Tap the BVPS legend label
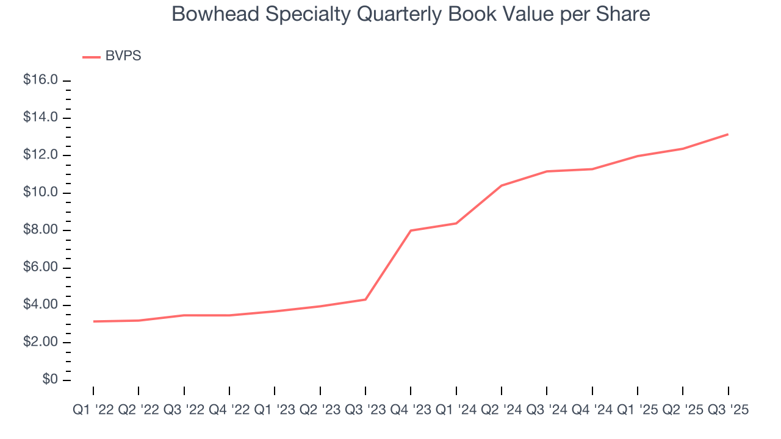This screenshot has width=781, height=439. pos(123,56)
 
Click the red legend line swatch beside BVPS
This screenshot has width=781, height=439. pos(92,57)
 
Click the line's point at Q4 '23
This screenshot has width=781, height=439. pos(411,230)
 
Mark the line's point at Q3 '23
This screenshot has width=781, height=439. pos(365,299)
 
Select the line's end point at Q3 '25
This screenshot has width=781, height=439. pos(728,134)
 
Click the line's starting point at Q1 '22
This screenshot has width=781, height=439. pos(93,321)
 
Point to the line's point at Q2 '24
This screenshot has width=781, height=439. pos(502,185)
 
